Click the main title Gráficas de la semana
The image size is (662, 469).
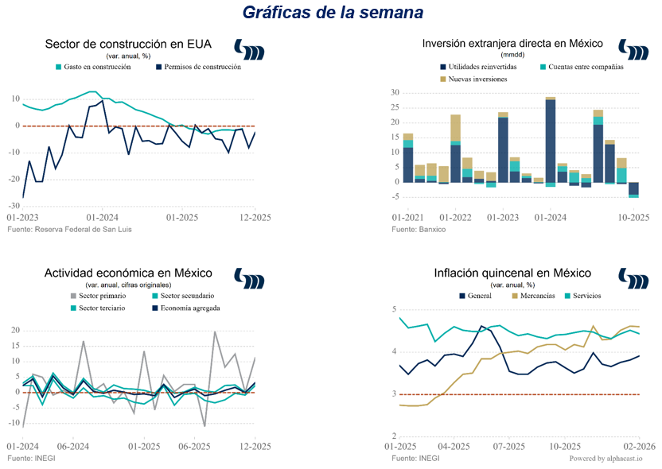click(x=332, y=14)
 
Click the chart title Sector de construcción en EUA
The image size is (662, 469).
click(x=128, y=45)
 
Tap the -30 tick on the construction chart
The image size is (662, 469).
click(x=14, y=205)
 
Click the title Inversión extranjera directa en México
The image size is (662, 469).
click(x=512, y=44)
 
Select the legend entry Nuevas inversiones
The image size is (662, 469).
click(x=476, y=79)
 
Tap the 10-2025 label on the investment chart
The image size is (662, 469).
click(x=635, y=217)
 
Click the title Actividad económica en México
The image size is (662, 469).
click(x=128, y=273)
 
